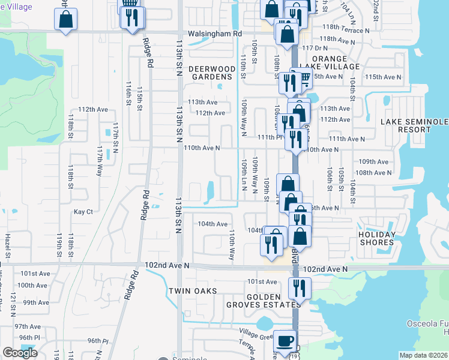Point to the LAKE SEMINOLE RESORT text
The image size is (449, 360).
414,125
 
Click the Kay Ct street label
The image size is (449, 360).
83,212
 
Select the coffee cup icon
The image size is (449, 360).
285,341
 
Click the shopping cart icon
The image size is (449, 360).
303,79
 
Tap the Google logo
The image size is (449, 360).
19,353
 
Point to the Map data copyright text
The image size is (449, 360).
423,355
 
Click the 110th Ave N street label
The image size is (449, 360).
202,148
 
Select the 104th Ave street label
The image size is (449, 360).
213,223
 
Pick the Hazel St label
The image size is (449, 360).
8,247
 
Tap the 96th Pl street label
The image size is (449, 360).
97,341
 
